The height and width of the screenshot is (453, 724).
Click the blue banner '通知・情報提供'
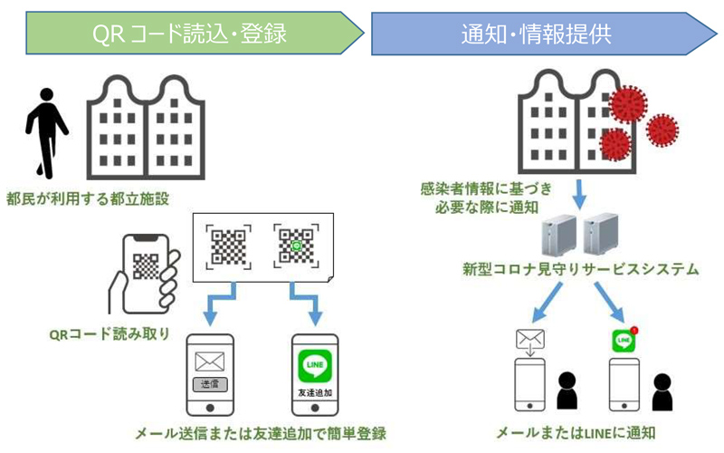[x=534, y=34]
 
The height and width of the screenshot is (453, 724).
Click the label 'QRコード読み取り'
[x=108, y=333]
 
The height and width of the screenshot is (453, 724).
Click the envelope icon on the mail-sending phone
[x=209, y=361]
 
